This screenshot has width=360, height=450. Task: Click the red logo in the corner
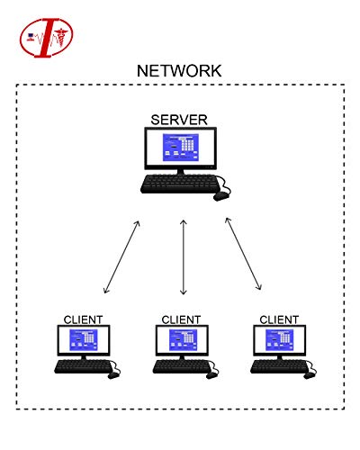click(47, 36)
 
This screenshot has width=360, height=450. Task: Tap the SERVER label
click(179, 120)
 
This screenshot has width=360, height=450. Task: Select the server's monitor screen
click(180, 148)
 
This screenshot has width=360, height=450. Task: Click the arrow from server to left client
click(122, 256)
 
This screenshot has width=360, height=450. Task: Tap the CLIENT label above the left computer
click(83, 319)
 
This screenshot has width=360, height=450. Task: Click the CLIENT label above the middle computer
click(181, 319)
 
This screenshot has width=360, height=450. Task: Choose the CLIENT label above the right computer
click(279, 319)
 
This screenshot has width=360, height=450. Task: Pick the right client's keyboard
click(276, 366)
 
